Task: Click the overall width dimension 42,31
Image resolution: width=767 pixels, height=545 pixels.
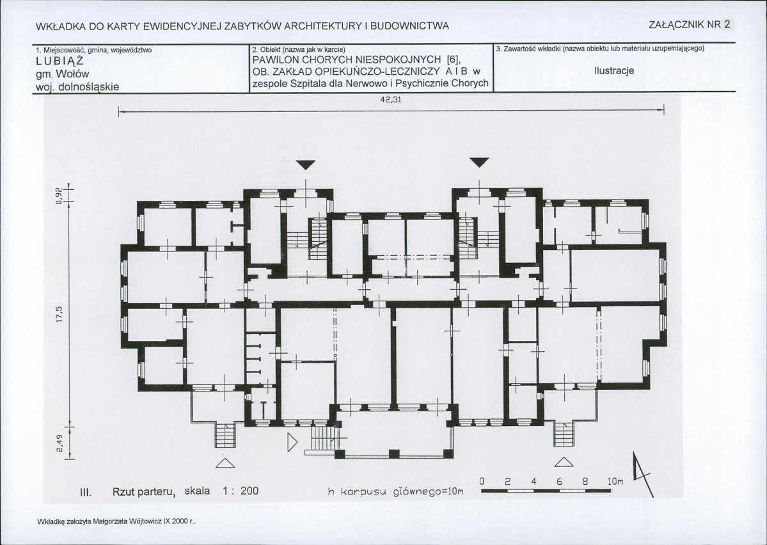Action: pos(391,100)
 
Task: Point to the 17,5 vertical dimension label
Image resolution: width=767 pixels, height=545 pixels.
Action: pos(59,313)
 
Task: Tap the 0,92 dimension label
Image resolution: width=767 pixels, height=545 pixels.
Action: pos(59,196)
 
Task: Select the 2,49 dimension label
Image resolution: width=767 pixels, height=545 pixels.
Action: pos(59,444)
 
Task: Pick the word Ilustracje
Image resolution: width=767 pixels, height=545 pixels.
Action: pos(614,70)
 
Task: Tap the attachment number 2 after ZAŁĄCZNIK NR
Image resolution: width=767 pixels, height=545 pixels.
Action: pos(727,24)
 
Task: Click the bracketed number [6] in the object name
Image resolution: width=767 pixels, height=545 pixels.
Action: pos(452,60)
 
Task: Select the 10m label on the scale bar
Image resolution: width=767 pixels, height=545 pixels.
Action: pos(615,482)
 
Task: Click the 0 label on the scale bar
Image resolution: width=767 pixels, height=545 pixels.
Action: pos(482,482)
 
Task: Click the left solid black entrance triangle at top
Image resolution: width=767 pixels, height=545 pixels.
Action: pos(306,164)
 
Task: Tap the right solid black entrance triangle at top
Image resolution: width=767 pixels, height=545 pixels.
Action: pos(479,162)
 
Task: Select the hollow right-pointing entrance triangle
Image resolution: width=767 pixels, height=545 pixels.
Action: pos(292,442)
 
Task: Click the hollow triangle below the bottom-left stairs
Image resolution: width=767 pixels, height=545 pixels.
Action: pos(225,462)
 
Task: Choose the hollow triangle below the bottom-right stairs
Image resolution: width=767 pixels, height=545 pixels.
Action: pos(564,462)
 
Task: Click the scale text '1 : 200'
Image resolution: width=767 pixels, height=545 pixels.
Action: pos(240,491)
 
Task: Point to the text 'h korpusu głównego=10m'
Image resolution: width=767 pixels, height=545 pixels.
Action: pos(395,491)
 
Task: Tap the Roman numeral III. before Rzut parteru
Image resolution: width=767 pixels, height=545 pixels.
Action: pos(86,492)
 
